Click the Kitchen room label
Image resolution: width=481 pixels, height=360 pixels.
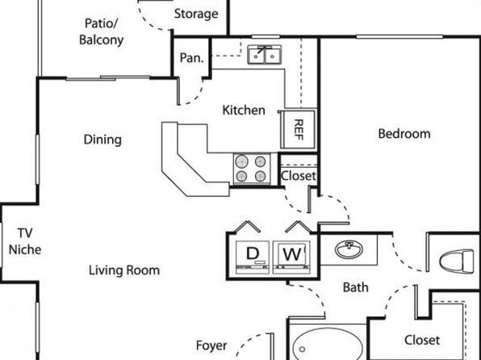click(x=244, y=110)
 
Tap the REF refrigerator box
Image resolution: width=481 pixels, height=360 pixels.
click(x=298, y=129)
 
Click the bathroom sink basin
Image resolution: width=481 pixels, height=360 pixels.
click(x=349, y=249)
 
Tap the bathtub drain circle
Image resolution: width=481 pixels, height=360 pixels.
click(x=302, y=350)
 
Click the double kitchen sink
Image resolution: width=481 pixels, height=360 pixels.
click(x=265, y=55)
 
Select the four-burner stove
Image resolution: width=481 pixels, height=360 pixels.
click(x=252, y=169)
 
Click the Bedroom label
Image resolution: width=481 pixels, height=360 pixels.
click(x=404, y=134)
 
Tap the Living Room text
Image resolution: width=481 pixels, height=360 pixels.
click(x=124, y=270)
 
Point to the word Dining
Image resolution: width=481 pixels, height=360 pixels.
click(x=102, y=140)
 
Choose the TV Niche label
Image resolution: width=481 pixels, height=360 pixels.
click(x=25, y=241)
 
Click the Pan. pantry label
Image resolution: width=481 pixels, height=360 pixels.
click(x=192, y=57)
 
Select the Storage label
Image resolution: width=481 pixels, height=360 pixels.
click(x=196, y=14)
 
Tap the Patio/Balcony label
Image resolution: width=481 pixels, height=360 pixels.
click(x=101, y=31)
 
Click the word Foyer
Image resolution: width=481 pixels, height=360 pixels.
click(x=211, y=345)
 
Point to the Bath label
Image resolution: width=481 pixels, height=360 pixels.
click(x=356, y=287)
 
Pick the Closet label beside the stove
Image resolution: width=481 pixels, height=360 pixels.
click(x=299, y=176)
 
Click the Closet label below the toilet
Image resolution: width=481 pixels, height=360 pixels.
click(x=422, y=340)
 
